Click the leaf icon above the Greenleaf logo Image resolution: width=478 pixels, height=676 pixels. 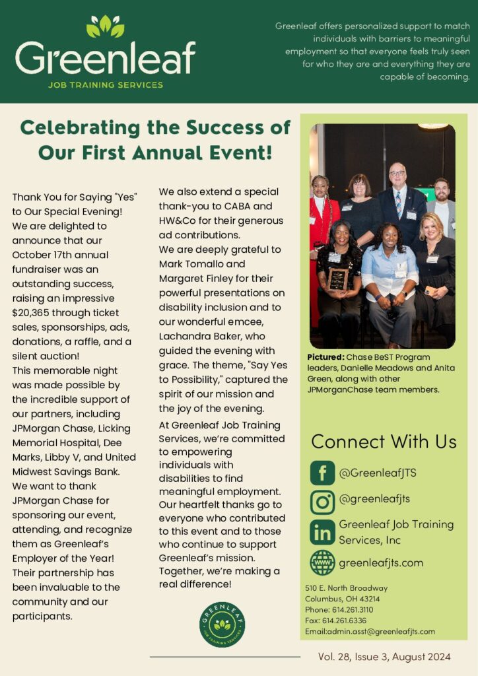point(105,26)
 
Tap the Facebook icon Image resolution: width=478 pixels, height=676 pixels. point(322,473)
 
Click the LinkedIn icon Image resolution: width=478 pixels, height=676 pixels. point(322,532)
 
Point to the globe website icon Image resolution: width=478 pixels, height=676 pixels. point(322,562)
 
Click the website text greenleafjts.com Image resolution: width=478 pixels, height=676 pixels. point(381,563)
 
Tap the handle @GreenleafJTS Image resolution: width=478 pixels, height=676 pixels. point(377,473)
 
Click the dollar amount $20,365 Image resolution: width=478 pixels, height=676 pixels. point(38,314)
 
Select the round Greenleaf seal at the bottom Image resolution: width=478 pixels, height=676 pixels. point(222,625)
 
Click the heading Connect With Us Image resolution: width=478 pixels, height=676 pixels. point(384,441)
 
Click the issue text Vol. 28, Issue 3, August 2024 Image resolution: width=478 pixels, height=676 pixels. point(384,656)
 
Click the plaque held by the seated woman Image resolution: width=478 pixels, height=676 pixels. point(338,279)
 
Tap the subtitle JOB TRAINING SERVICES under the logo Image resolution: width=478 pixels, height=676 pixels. point(105,85)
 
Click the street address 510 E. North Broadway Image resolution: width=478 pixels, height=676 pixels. point(346,588)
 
